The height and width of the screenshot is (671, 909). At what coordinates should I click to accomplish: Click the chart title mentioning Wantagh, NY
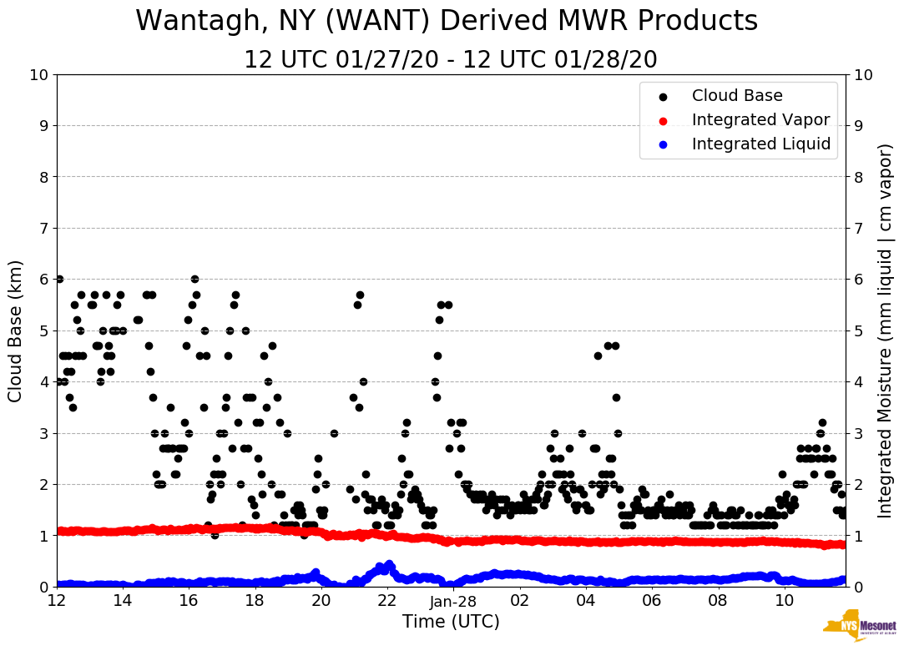pos(447,21)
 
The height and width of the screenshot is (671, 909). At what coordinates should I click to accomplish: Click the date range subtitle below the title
pos(450,60)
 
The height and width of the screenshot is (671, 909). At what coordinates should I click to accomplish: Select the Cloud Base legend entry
pos(737,96)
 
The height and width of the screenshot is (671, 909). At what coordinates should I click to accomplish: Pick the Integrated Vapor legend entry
pos(760,120)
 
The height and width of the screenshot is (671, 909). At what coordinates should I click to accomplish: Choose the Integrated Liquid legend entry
pos(760,144)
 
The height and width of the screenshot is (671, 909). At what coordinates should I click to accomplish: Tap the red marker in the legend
pos(663,120)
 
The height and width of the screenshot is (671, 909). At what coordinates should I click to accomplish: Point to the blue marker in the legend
pos(663,144)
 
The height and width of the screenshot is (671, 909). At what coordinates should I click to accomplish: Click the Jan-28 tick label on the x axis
pos(453,601)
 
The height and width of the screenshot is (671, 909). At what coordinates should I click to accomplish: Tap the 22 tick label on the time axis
pos(387,601)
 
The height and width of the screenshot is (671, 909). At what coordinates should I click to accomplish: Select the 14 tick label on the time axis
pos(123,601)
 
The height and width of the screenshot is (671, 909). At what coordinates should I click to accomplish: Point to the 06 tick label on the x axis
pos(651,601)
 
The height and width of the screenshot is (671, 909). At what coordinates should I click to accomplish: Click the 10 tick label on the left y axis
pos(38,75)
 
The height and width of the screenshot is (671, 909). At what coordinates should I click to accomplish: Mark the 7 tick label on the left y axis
pos(43,229)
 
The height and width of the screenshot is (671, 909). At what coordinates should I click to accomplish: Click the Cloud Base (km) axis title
pos(16,330)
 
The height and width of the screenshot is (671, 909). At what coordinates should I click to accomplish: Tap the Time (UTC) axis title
pos(451,622)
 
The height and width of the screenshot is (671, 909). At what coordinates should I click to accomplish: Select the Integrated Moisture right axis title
pos(886,330)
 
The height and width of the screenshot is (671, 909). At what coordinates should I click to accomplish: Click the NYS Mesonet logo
pos(860,628)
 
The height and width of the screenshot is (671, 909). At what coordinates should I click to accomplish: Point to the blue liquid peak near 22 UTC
pos(389,565)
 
